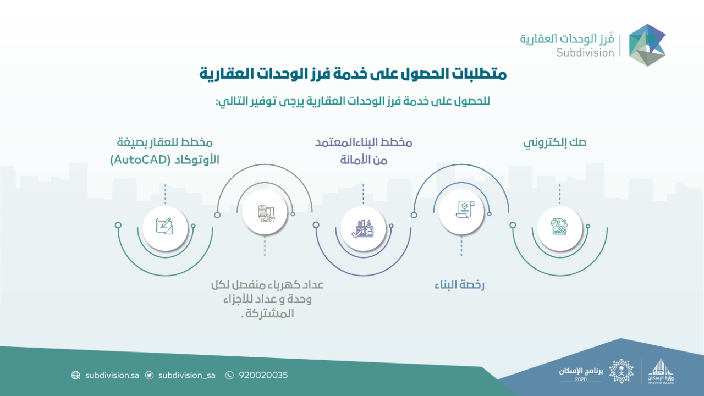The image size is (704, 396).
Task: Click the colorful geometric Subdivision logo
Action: [x=647, y=45]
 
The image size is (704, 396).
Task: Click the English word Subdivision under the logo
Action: [x=585, y=52]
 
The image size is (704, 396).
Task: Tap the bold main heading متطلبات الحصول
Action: [x=353, y=74]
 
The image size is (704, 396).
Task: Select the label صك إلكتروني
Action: [x=555, y=143]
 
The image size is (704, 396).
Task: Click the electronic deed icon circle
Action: [x=559, y=228]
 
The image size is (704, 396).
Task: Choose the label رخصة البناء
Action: [x=459, y=285]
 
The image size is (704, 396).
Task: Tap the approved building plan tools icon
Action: [x=363, y=228]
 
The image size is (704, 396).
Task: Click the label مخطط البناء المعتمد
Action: [x=364, y=142]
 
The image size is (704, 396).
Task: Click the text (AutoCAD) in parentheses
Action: [x=140, y=160]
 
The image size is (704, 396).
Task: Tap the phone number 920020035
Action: [x=263, y=375]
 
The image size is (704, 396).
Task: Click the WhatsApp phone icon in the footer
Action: [x=229, y=375]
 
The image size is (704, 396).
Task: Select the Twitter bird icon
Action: [x=149, y=375]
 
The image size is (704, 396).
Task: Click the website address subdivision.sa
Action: [x=112, y=375]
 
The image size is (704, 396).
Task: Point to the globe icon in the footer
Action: [x=75, y=375]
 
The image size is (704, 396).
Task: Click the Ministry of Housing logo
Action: [x=661, y=371]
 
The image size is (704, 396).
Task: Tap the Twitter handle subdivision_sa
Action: [x=186, y=375]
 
